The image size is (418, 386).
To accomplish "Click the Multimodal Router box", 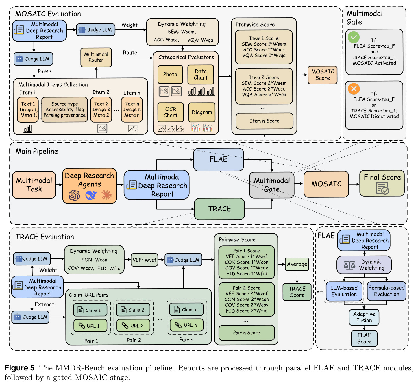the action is pyautogui.click(x=96, y=57).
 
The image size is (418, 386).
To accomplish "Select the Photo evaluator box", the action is pyautogui.click(x=170, y=74).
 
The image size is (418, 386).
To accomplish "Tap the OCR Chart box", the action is pyautogui.click(x=171, y=112).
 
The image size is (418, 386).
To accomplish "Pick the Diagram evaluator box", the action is pyautogui.click(x=202, y=112).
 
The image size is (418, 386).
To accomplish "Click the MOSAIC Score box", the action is pyautogui.click(x=322, y=75).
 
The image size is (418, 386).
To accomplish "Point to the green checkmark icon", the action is pyautogui.click(x=353, y=37).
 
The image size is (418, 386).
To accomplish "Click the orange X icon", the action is pyautogui.click(x=354, y=88).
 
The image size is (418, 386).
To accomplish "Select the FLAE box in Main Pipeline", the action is pyautogui.click(x=219, y=159).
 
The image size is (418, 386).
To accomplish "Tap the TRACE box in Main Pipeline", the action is pyautogui.click(x=219, y=209).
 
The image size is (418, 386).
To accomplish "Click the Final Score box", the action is pyautogui.click(x=382, y=183).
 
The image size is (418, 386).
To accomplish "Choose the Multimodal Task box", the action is pyautogui.click(x=34, y=185).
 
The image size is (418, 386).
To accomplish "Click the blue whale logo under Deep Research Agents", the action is pyautogui.click(x=91, y=195).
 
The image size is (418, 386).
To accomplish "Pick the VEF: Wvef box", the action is pyautogui.click(x=144, y=260).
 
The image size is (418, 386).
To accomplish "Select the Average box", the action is pyautogui.click(x=297, y=264).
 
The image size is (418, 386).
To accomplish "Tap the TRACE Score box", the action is pyautogui.click(x=297, y=292).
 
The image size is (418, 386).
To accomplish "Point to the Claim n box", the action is pyautogui.click(x=186, y=309).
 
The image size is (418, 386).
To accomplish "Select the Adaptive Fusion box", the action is pyautogui.click(x=364, y=317).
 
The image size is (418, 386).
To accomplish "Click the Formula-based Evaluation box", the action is pyautogui.click(x=386, y=291).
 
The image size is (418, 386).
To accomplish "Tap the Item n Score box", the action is pyautogui.click(x=264, y=121).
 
